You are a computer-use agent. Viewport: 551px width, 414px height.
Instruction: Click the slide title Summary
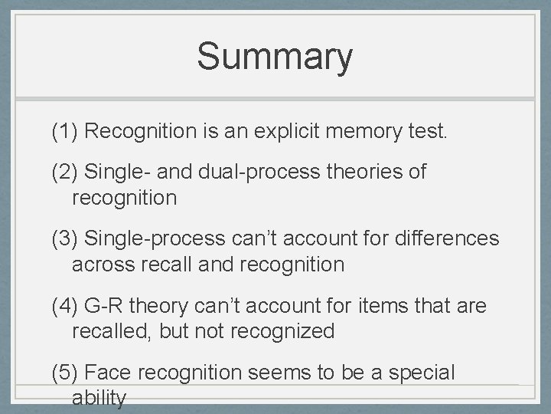275,57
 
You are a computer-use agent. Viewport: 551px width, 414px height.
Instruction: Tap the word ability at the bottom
99,399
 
